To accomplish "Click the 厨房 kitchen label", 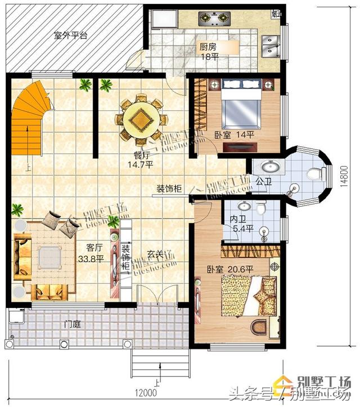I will click(207, 47).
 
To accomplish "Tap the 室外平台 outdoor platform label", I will click(70, 35).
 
